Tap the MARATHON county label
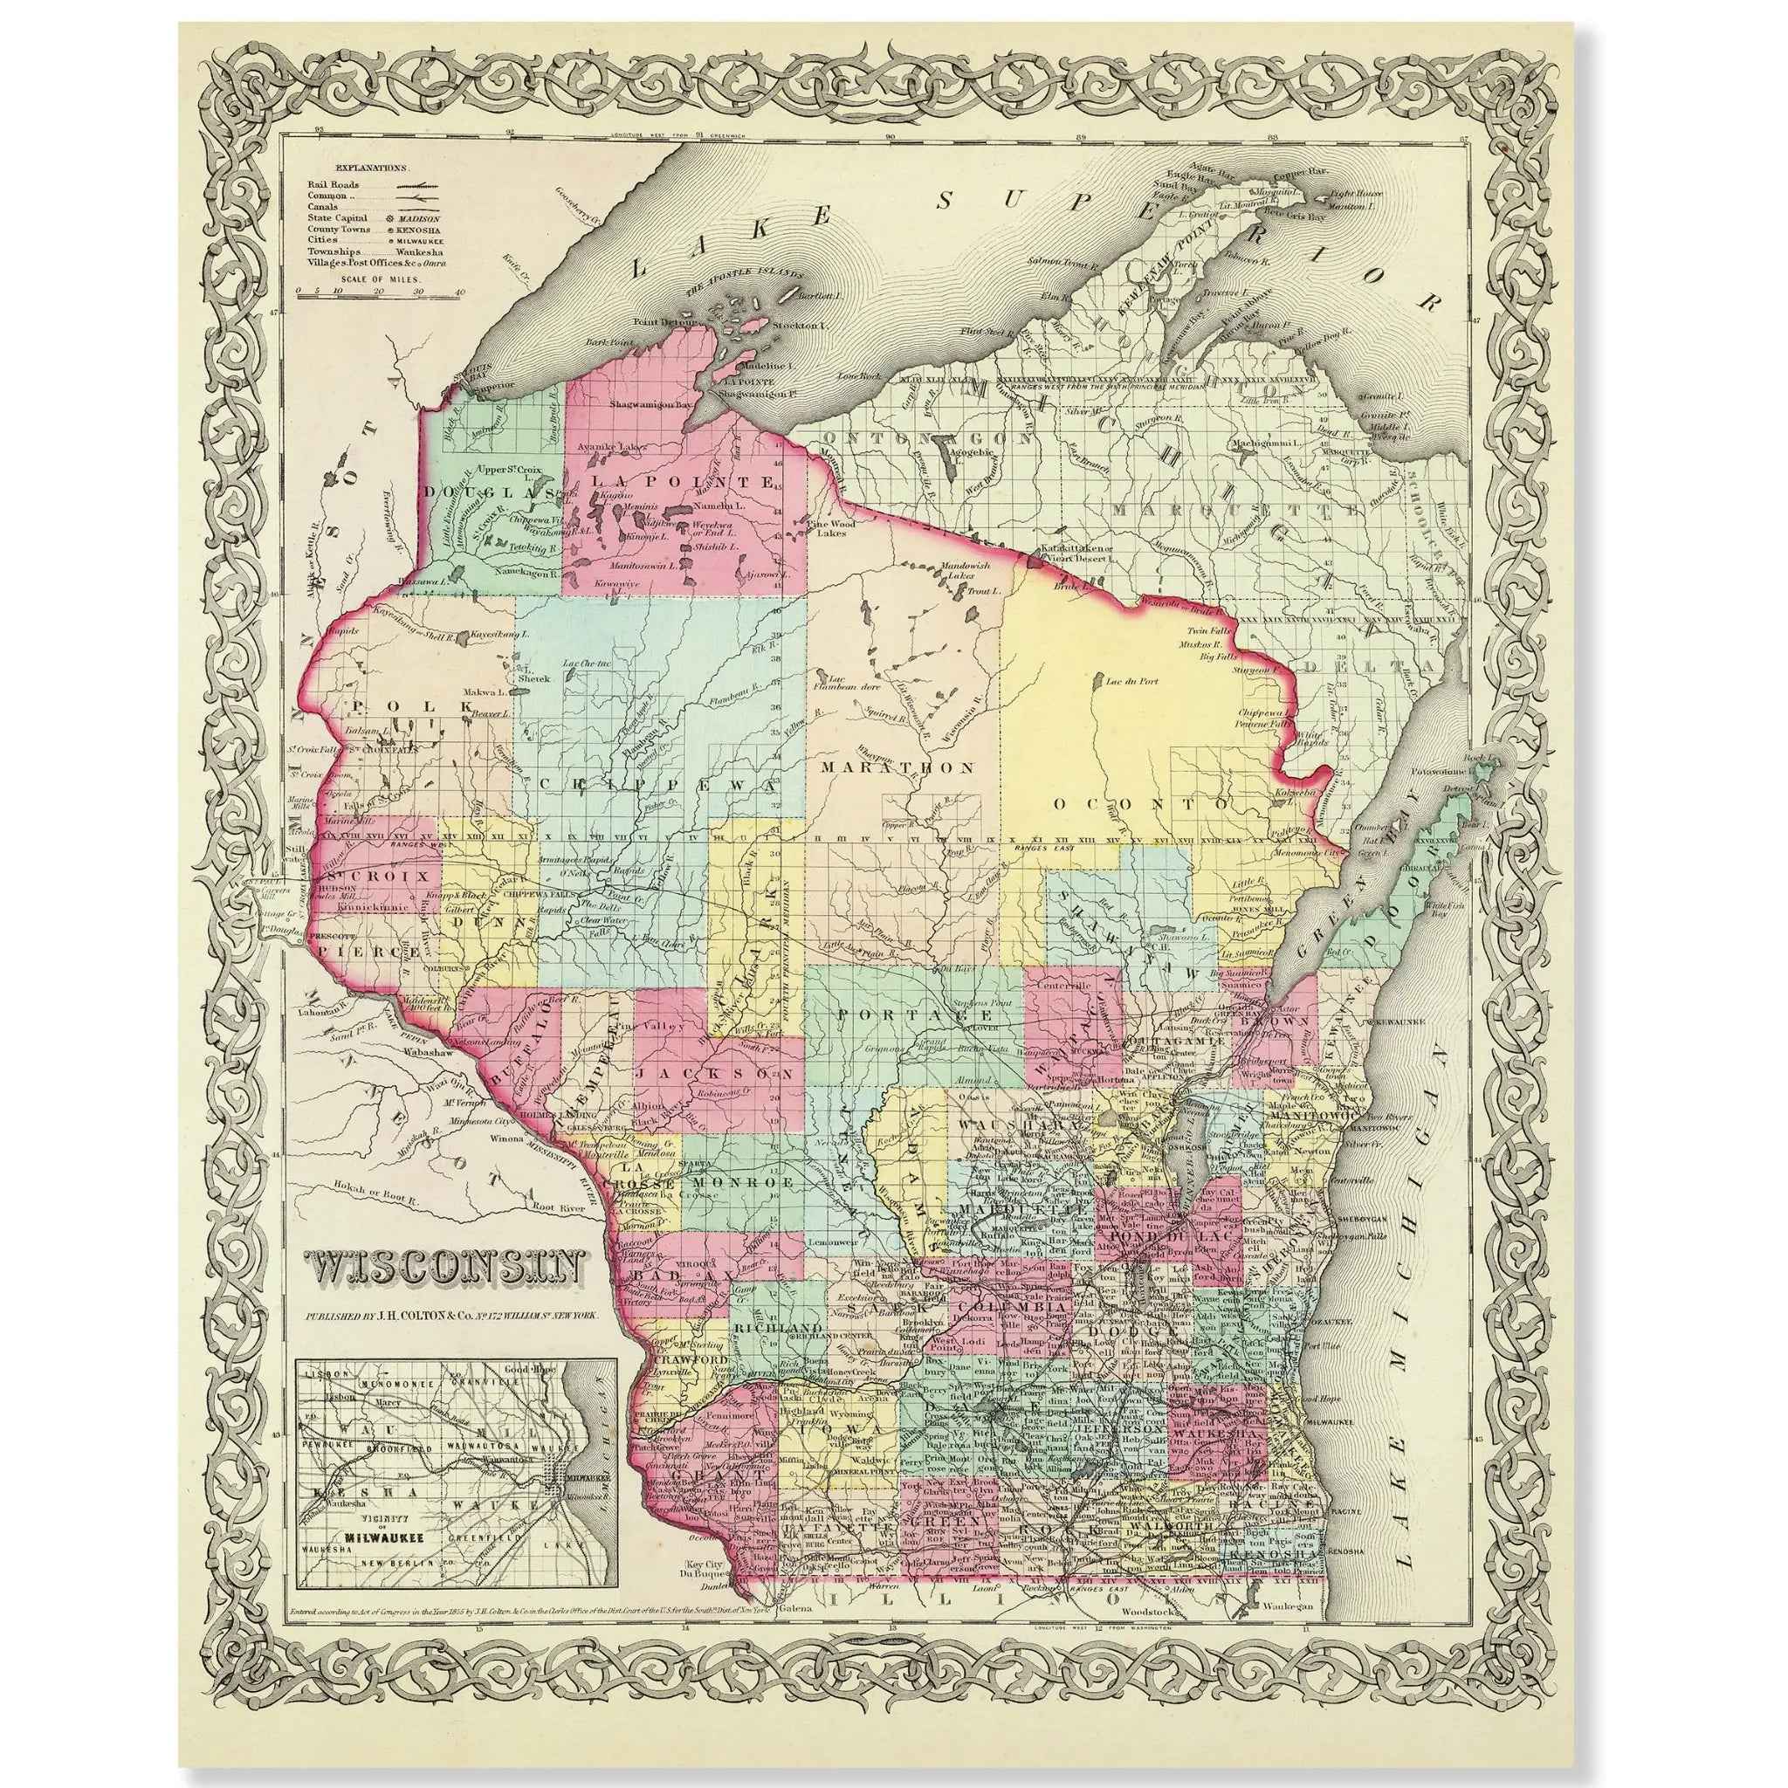[897, 768]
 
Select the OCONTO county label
[1143, 803]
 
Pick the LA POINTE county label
[683, 481]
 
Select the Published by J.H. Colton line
[453, 1315]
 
